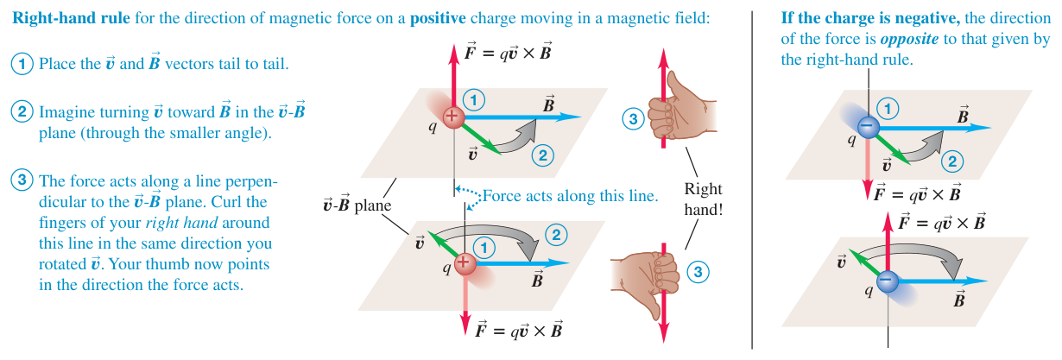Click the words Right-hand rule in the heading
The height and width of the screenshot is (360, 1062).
(71, 18)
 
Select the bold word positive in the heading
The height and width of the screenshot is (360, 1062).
(438, 18)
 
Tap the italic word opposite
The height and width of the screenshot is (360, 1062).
(909, 39)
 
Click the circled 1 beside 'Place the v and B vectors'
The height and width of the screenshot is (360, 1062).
(22, 64)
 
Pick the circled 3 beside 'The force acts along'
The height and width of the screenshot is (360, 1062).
(22, 180)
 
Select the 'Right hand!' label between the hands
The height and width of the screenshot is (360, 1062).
(703, 199)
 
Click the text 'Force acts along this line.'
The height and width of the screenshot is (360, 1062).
(571, 196)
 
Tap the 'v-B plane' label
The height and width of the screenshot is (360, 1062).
(357, 205)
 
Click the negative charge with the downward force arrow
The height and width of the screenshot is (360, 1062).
(868, 127)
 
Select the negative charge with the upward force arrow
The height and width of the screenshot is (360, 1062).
(888, 281)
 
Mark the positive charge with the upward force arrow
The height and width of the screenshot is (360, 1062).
(453, 117)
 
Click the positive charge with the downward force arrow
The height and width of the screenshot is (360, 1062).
(465, 262)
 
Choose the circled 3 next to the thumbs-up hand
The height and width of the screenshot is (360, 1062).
(633, 118)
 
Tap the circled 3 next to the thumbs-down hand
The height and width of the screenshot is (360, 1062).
(698, 272)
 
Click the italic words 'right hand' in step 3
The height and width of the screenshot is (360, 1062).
(181, 223)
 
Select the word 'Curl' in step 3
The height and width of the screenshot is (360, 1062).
(225, 202)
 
